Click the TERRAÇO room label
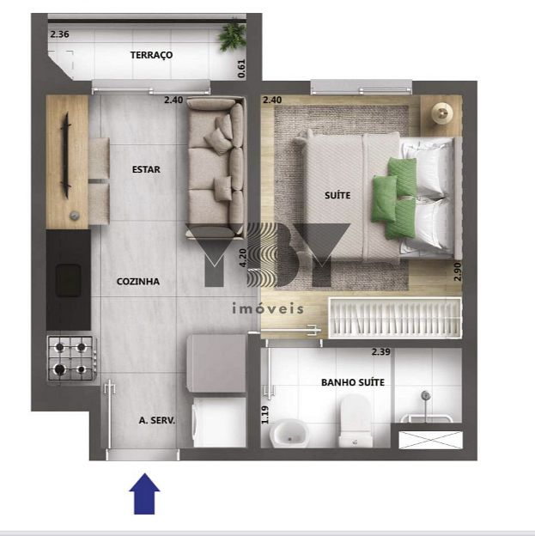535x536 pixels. coord(151,55)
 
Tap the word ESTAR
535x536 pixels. coord(146,169)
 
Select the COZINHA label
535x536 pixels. coord(138,282)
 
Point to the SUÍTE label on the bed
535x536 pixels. coord(337,195)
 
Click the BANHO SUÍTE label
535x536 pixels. coord(353,382)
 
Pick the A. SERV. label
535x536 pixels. coord(157,420)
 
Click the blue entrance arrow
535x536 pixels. coord(144,494)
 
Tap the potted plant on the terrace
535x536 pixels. coord(233,37)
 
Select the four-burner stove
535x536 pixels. coord(71,358)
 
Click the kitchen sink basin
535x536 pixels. coord(69,280)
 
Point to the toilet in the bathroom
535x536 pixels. coord(356,421)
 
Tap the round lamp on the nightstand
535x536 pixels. coord(442,113)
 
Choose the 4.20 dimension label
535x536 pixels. coord(243,258)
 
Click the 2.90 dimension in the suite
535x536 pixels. coord(458,271)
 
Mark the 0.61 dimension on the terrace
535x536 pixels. coord(241,69)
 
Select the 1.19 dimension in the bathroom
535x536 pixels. coord(265,415)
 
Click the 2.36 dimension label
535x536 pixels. coord(59,34)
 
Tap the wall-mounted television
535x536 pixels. coord(65,155)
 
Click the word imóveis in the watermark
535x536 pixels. coord(268,308)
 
